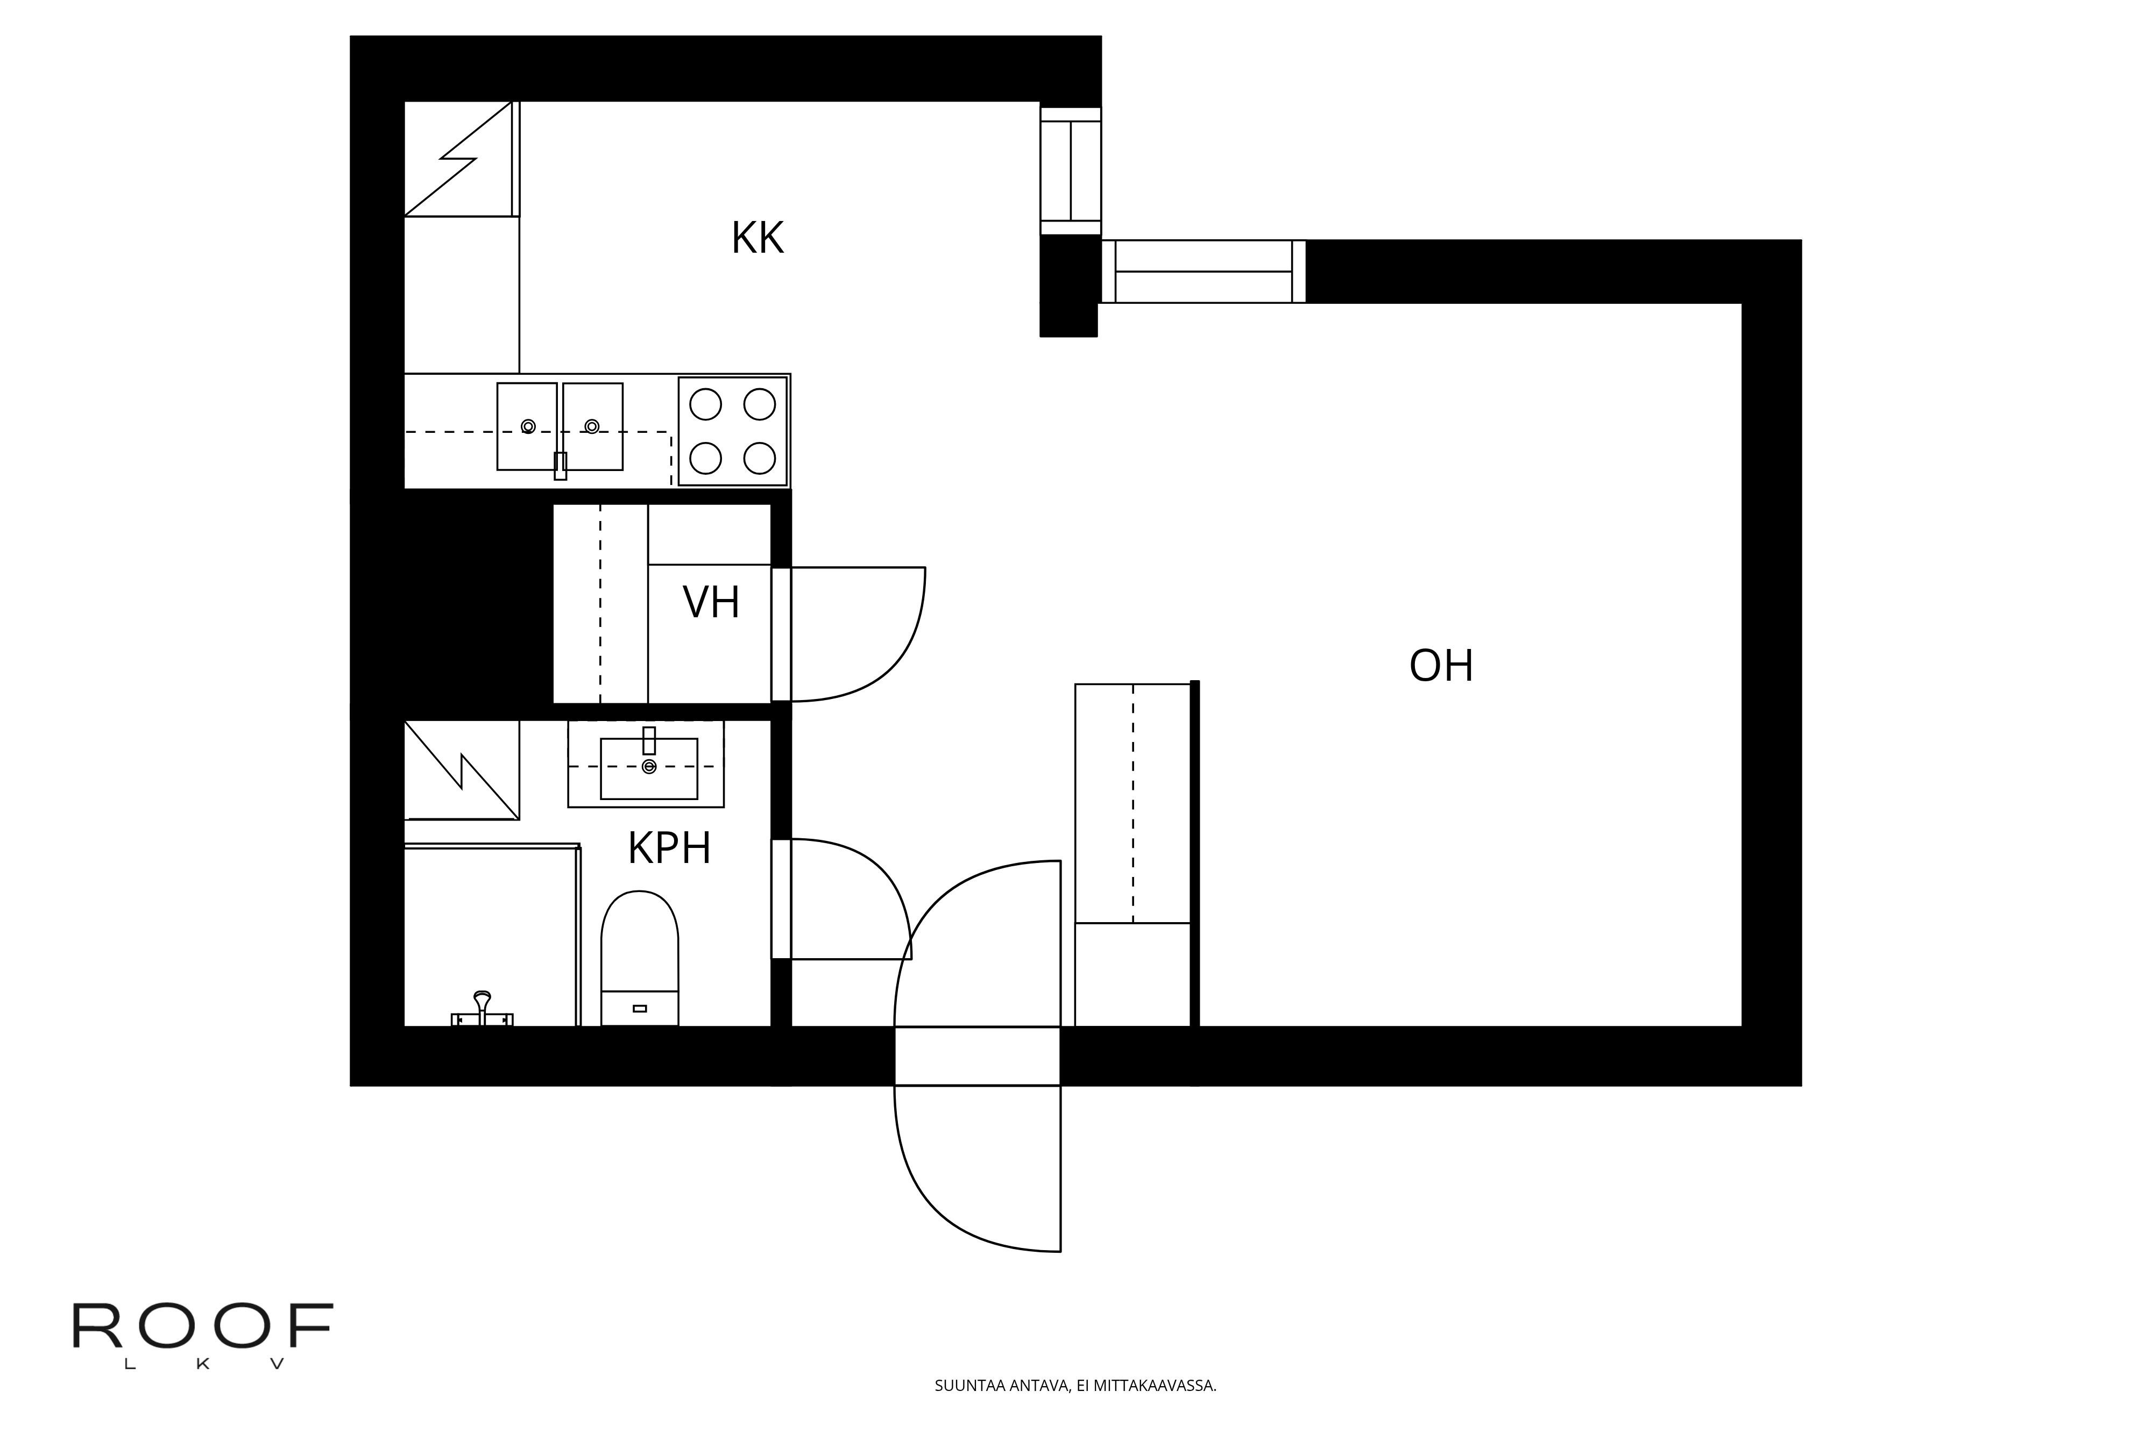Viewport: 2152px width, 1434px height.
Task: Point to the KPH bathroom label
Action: coord(669,848)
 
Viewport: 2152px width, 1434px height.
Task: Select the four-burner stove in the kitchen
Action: coord(733,431)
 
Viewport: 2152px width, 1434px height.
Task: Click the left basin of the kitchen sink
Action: coord(527,426)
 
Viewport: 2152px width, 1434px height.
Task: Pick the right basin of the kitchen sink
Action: coord(593,426)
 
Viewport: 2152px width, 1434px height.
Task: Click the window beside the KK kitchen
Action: coord(1071,171)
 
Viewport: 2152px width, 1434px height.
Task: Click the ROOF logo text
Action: coord(203,1326)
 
